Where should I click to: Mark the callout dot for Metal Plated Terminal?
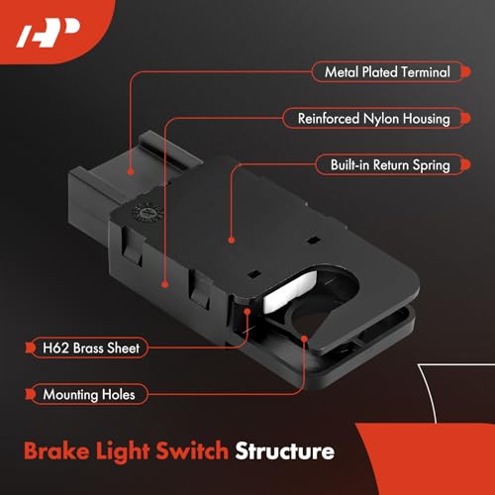(132, 170)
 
